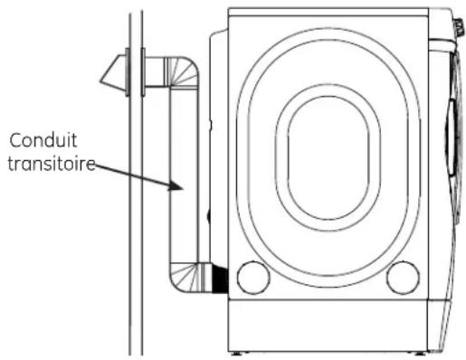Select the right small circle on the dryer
click(x=401, y=277)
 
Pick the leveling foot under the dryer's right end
click(x=418, y=351)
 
